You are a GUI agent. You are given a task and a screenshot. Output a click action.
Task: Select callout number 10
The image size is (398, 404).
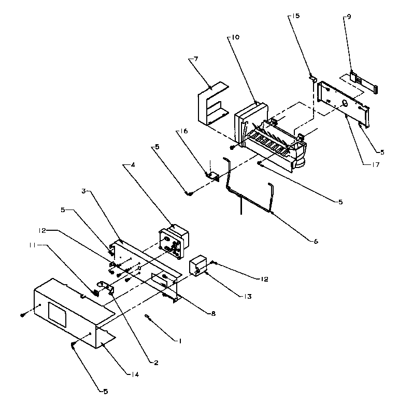click(x=235, y=38)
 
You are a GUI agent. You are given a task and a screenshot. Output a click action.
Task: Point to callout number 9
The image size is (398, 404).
click(x=348, y=17)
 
